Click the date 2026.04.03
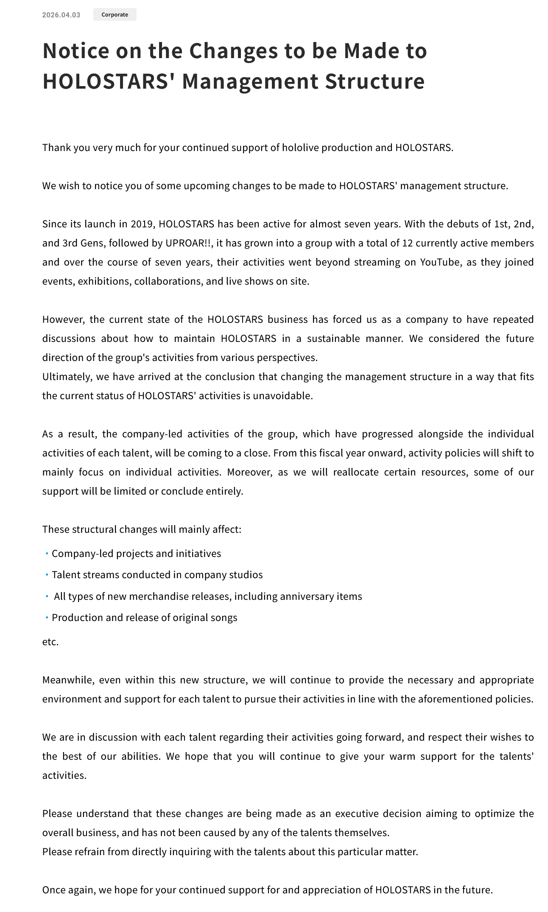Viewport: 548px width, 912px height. click(x=61, y=15)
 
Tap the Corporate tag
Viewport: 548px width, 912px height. click(x=115, y=15)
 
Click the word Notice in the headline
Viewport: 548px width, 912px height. click(x=76, y=50)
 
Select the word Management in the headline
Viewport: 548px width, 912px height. click(x=250, y=81)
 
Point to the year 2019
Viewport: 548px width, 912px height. click(x=142, y=224)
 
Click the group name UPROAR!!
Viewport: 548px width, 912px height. click(x=189, y=243)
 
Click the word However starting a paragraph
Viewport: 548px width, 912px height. click(x=63, y=319)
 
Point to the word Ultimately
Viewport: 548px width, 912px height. click(x=66, y=377)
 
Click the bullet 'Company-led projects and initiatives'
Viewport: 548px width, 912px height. click(x=136, y=554)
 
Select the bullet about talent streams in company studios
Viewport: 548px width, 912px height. click(x=157, y=575)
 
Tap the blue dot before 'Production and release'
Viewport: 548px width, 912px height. click(x=47, y=618)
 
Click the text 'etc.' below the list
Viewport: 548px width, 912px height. click(x=50, y=642)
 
